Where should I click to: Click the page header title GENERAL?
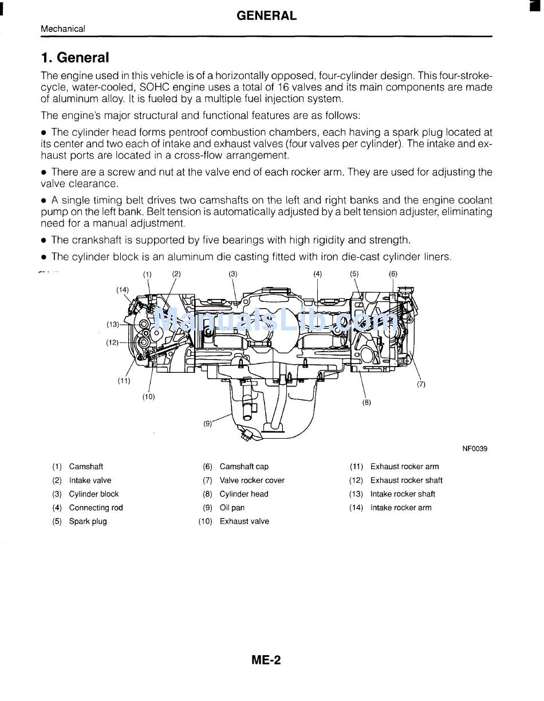point(266,16)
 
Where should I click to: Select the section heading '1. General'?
point(74,57)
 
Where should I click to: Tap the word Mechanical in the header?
point(63,29)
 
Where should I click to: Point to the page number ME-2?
point(266,660)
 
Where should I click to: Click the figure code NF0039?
point(475,449)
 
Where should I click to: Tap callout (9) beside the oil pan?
point(207,424)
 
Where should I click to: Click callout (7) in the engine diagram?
point(421,384)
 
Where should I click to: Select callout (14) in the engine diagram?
point(123,290)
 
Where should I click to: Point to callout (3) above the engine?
point(233,274)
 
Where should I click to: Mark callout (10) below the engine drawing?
point(148,396)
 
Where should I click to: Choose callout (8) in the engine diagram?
point(366,402)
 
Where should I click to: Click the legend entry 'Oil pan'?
point(232,507)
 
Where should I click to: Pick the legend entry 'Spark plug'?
point(88,521)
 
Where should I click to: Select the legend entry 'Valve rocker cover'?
point(252,481)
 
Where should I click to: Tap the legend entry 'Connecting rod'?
point(96,507)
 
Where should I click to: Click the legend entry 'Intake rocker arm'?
point(401,507)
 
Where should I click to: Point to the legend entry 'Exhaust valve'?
point(244,521)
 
